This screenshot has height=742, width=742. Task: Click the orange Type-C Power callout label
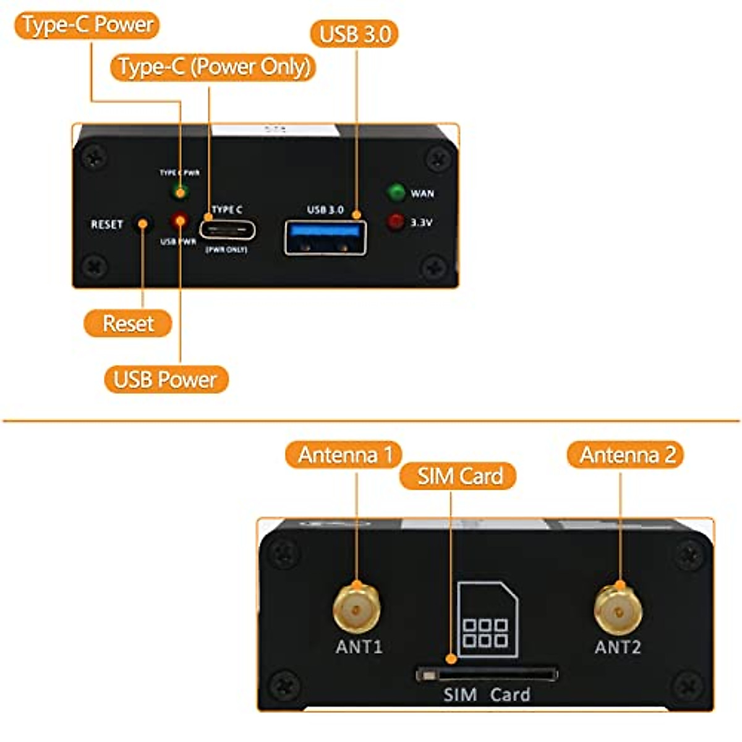[87, 25]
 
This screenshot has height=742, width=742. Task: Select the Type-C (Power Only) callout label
[213, 67]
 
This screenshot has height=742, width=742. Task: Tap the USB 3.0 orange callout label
[354, 34]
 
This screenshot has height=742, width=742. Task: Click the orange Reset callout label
[128, 323]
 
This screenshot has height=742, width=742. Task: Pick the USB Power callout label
[166, 379]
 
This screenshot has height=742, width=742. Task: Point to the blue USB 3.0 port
[325, 237]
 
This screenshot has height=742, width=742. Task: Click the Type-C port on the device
[228, 231]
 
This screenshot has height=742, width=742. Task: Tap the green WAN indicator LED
[396, 192]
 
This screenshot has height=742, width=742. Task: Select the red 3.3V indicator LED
[396, 221]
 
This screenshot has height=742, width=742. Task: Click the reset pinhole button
[143, 224]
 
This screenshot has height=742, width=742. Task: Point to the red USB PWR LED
[180, 220]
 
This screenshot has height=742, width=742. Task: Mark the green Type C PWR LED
[180, 192]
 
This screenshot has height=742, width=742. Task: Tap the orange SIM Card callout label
[458, 476]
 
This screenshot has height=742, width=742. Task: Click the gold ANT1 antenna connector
[356, 609]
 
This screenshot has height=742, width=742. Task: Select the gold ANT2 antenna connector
[618, 609]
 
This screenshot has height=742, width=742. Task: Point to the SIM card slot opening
[487, 674]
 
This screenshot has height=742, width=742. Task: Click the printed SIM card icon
[487, 618]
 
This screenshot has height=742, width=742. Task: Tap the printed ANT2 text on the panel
[618, 647]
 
